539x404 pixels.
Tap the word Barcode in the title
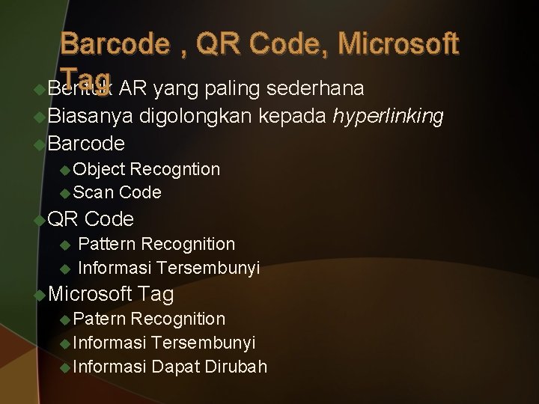(115, 45)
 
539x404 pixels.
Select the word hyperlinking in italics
(389, 116)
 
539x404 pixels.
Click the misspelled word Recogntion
(175, 169)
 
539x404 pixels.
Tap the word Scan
(94, 192)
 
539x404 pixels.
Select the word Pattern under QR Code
(107, 244)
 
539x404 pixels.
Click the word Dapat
(173, 367)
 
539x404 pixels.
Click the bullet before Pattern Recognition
(64, 245)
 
